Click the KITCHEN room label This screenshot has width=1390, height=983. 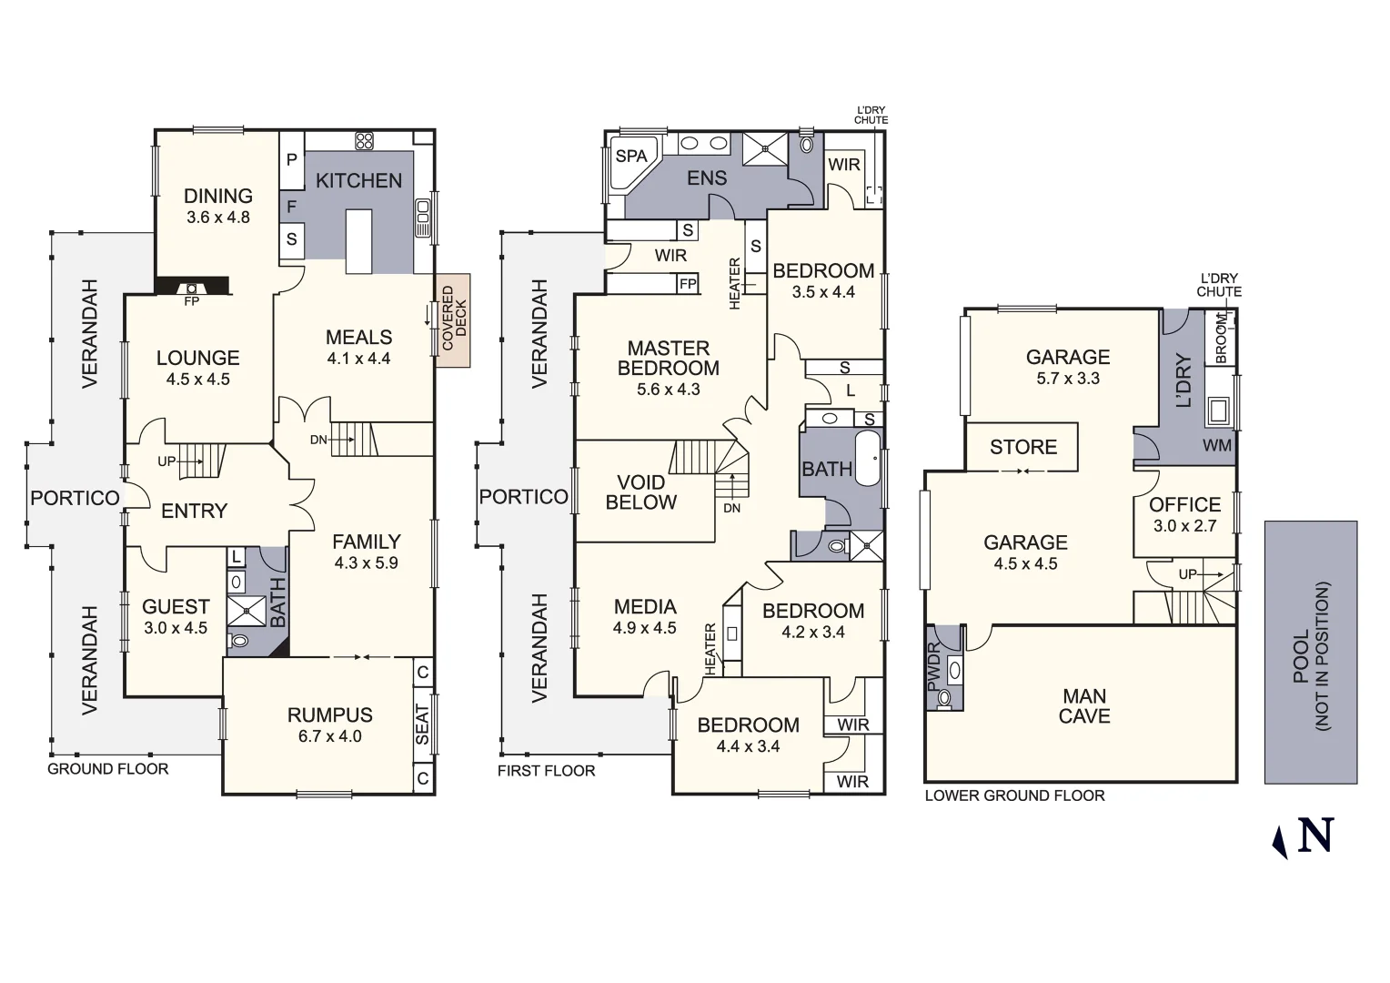(358, 181)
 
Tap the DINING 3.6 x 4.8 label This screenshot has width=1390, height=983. (218, 206)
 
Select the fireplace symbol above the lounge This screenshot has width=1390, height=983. (192, 289)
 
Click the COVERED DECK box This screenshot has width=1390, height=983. (453, 320)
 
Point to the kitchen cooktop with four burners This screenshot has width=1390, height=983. (364, 140)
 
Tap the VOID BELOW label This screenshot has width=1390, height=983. (641, 492)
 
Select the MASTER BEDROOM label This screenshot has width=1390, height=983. (669, 359)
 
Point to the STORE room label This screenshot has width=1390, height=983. (1023, 447)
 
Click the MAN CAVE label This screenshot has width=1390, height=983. (1084, 706)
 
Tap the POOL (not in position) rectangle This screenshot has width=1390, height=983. (1311, 653)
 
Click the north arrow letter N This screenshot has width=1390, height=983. (1315, 835)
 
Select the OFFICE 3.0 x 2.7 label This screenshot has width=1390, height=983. (1184, 514)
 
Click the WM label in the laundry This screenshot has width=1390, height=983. (1217, 445)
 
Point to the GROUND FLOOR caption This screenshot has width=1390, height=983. (108, 769)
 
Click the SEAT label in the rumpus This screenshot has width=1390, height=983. (423, 725)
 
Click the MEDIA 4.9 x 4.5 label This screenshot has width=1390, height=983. (645, 616)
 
